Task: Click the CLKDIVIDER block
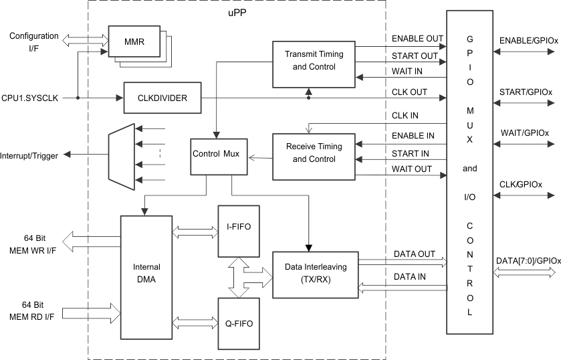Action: click(x=162, y=98)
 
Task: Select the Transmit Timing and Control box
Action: click(x=314, y=60)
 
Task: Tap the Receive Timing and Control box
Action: click(x=314, y=153)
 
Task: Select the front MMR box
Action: click(x=134, y=43)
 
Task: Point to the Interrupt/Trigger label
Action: click(x=29, y=155)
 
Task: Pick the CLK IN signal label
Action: click(x=405, y=116)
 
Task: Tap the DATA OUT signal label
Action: click(x=414, y=254)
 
